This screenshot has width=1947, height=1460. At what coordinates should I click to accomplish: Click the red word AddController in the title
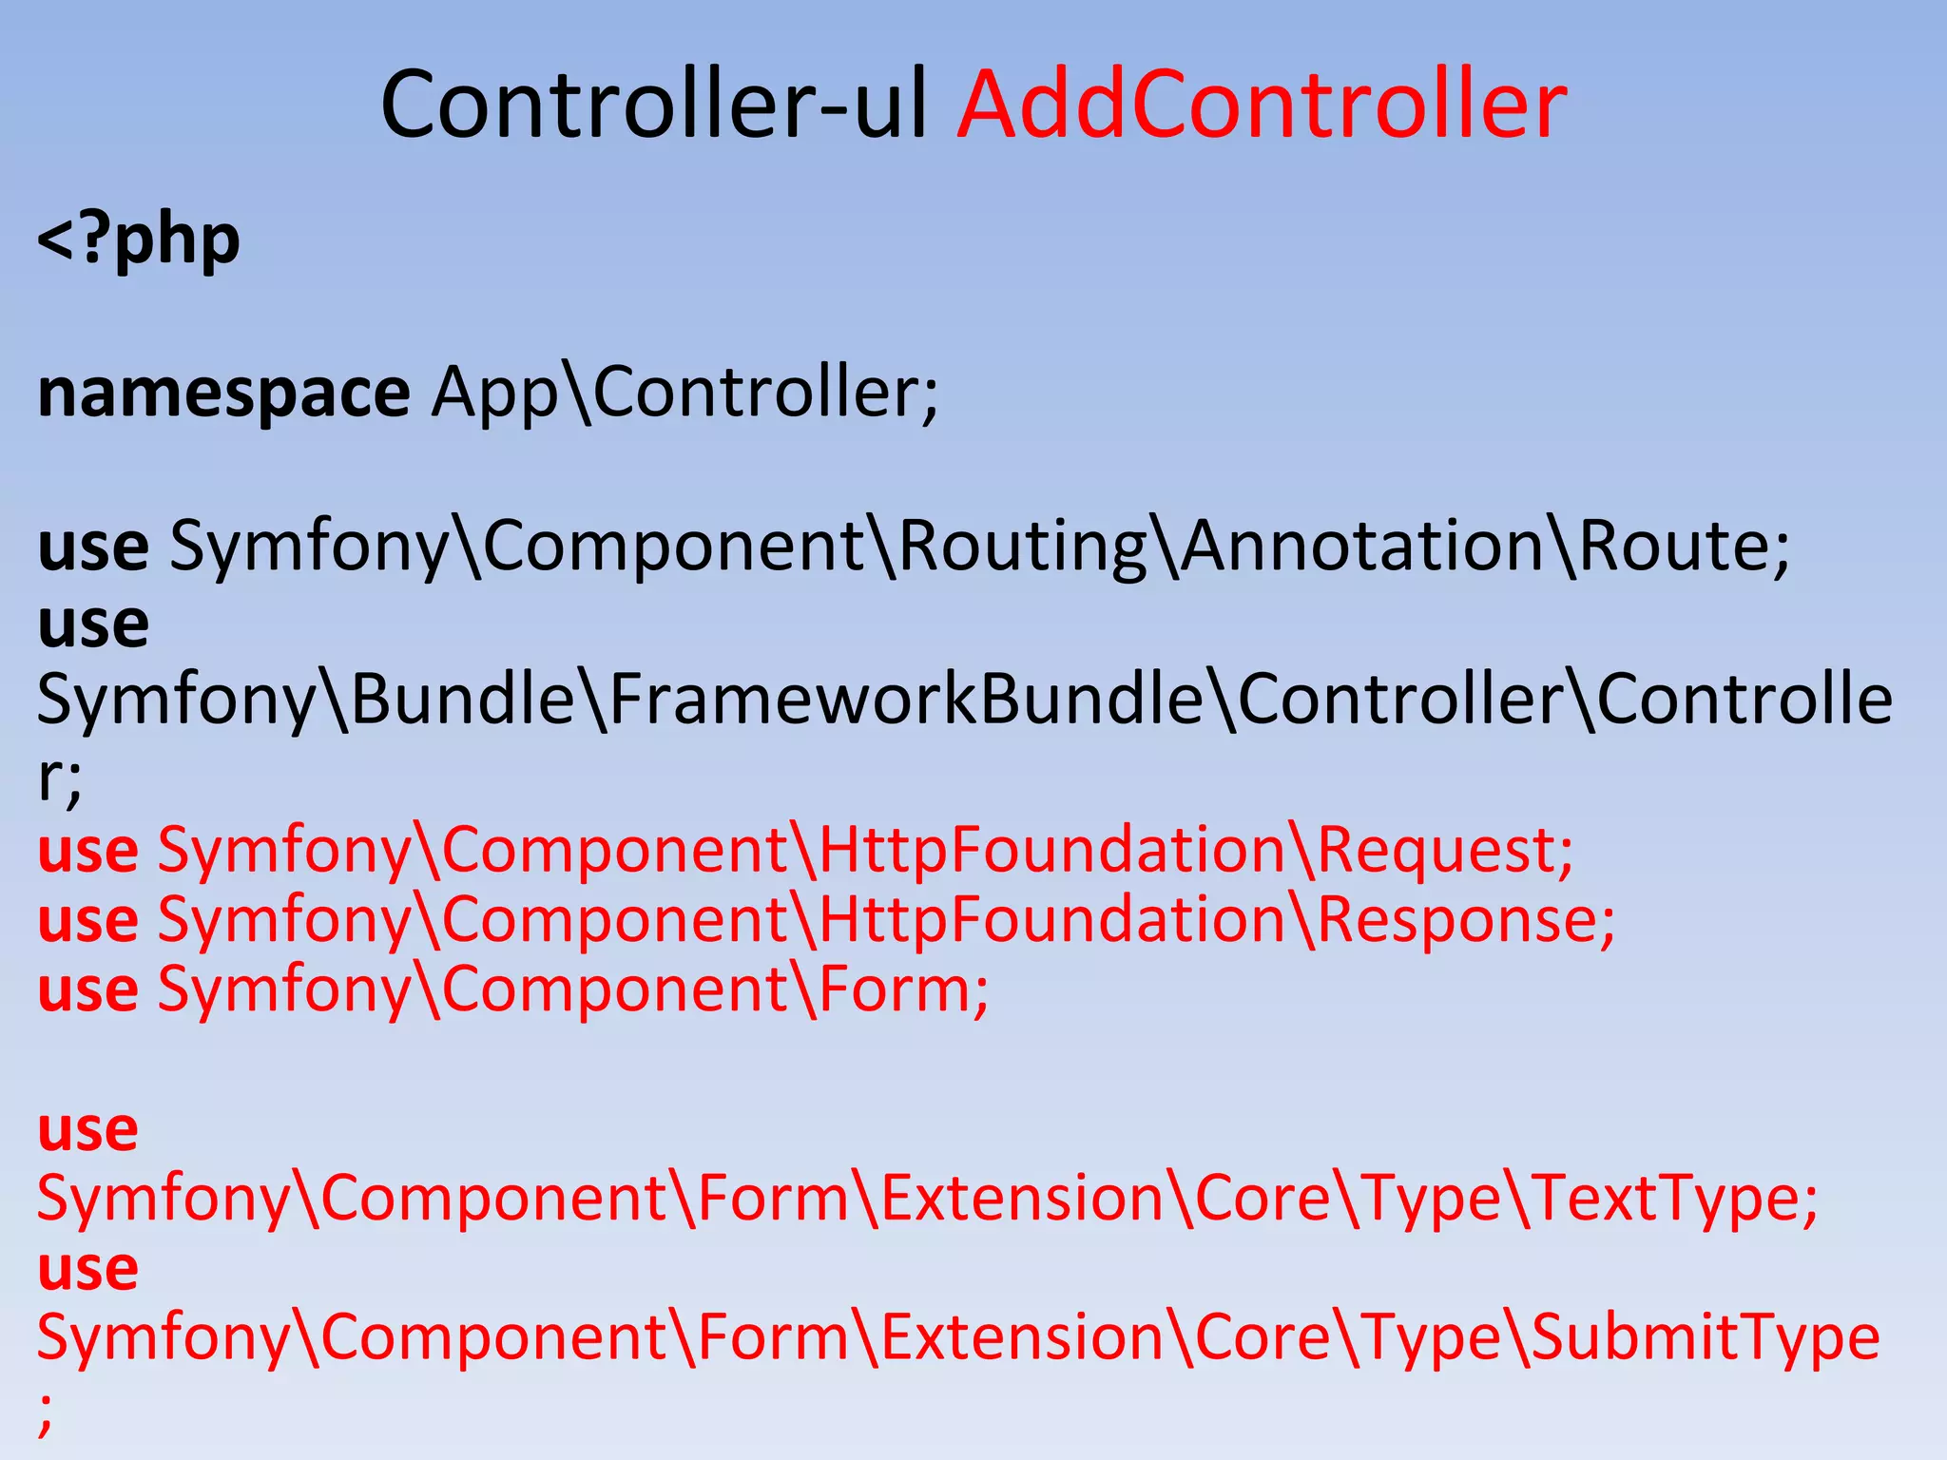click(1262, 105)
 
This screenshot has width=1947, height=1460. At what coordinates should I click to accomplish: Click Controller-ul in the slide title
click(654, 105)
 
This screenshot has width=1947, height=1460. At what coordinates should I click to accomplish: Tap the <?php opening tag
click(139, 240)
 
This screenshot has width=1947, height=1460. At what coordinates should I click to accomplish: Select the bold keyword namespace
click(223, 394)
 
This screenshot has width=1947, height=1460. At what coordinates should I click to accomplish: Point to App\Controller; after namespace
click(684, 392)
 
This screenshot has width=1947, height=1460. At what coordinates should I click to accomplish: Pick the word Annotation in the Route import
click(1362, 547)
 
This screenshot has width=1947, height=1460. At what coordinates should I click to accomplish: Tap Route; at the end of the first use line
click(1684, 547)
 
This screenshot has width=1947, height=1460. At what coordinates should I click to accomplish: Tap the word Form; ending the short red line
click(903, 989)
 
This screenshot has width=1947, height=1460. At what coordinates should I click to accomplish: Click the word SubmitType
click(1706, 1337)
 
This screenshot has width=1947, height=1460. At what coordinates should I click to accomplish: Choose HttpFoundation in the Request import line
click(1051, 850)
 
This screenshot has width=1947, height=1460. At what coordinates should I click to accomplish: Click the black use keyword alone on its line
click(93, 624)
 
